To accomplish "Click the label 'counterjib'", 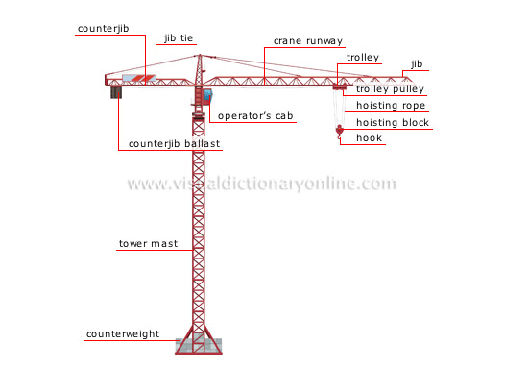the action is click(x=102, y=29).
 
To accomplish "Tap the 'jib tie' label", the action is click(x=180, y=38).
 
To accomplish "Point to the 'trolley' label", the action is click(x=362, y=57).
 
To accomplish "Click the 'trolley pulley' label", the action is click(x=390, y=89).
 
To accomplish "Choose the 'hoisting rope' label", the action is click(x=390, y=106).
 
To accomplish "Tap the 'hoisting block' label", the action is click(x=392, y=122).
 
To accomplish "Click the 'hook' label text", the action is click(x=369, y=138).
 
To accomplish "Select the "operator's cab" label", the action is click(x=255, y=116).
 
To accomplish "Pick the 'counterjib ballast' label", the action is click(x=175, y=144).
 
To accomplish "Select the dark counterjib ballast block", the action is click(x=118, y=91).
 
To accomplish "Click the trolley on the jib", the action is click(x=338, y=88).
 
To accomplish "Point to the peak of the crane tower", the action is click(x=200, y=55).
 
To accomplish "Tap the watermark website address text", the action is click(x=261, y=184).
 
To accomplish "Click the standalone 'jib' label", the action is click(x=416, y=63).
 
